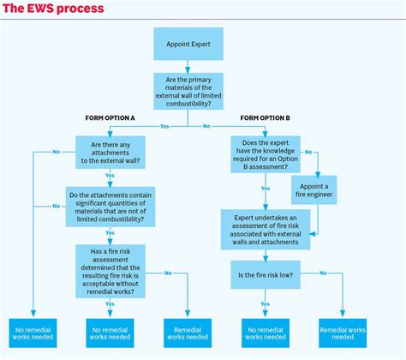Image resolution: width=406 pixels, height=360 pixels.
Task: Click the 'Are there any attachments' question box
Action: point(110,152)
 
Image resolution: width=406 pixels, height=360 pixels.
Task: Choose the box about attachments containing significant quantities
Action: point(110,206)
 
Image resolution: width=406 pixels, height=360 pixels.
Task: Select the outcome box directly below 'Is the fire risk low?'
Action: point(266,332)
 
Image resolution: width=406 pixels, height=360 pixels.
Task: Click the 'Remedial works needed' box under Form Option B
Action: point(343,332)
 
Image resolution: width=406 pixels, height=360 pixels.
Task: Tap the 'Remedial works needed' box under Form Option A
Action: point(188,332)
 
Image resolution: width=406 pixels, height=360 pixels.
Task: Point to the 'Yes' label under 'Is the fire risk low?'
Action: point(266,303)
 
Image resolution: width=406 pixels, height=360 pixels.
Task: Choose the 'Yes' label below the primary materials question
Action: point(164,126)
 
